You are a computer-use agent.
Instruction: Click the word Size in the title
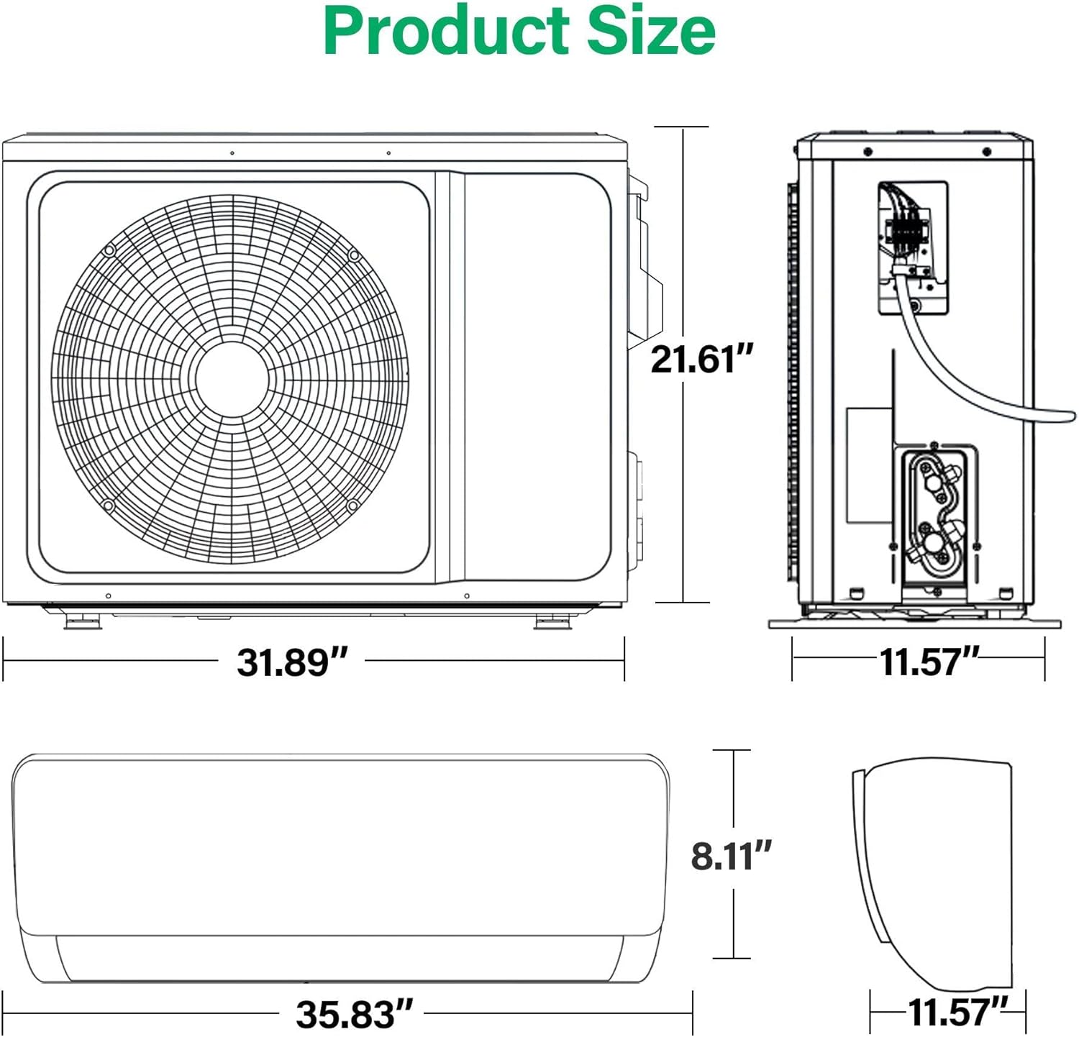[x=651, y=32]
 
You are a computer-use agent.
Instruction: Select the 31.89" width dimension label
[x=292, y=662]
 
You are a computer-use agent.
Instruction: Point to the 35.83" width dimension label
[x=354, y=1014]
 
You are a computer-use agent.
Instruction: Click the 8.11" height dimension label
[x=731, y=856]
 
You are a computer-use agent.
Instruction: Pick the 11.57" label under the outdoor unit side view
[x=929, y=662]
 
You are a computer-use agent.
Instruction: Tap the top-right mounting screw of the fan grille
[x=353, y=255]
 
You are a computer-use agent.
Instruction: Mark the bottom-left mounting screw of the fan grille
[x=109, y=506]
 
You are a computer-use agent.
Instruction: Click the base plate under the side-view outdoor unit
[x=915, y=623]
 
